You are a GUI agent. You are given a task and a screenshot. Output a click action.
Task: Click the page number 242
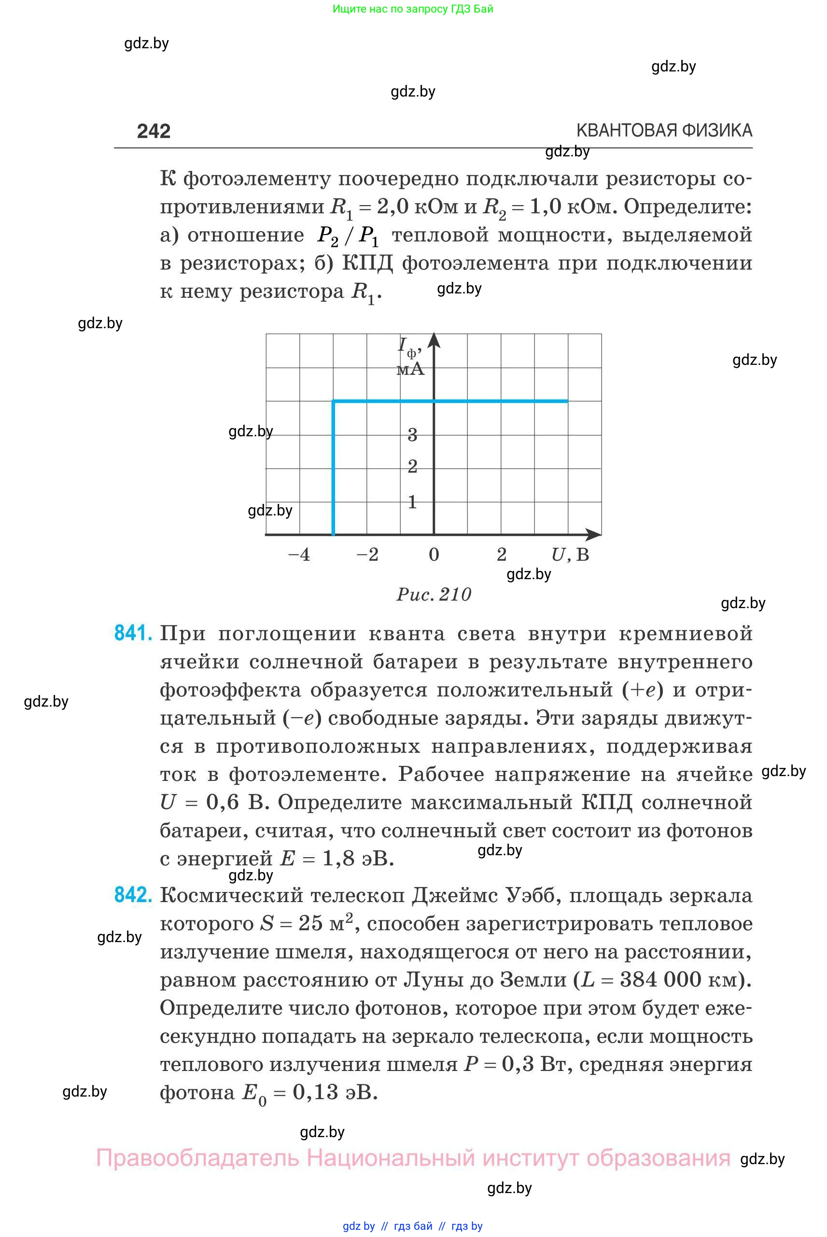click(154, 131)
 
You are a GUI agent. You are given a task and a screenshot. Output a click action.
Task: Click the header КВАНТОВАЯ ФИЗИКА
click(664, 130)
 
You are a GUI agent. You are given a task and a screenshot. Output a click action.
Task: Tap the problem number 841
click(133, 633)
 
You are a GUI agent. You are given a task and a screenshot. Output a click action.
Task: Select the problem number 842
click(133, 895)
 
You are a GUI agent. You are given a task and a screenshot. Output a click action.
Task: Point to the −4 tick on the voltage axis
click(299, 555)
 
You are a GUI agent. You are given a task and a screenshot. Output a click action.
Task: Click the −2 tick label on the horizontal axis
click(367, 555)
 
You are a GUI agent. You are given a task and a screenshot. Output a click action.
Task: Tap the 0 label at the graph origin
click(434, 555)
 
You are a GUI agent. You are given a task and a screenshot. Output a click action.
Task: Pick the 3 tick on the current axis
click(412, 435)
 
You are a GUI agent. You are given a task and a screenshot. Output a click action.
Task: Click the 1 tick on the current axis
click(412, 502)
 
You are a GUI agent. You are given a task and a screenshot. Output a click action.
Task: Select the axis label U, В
click(570, 555)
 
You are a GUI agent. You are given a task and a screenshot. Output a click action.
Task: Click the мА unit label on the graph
click(410, 369)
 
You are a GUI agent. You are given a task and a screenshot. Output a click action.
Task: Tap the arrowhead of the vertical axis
click(434, 340)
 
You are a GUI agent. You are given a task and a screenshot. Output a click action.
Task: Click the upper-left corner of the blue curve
click(333, 402)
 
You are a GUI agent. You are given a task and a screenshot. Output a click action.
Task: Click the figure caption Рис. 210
click(434, 595)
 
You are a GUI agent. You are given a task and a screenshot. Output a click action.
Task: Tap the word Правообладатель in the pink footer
click(197, 1158)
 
